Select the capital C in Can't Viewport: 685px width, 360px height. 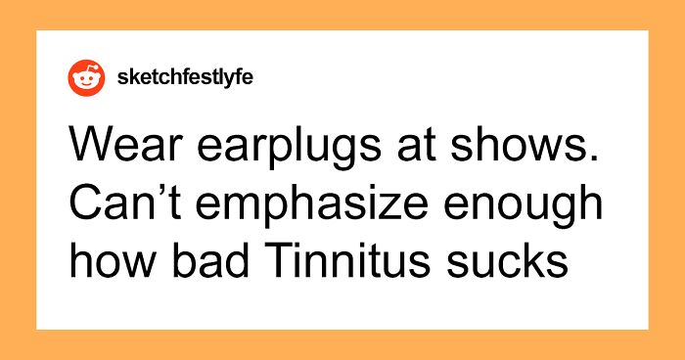85,203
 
